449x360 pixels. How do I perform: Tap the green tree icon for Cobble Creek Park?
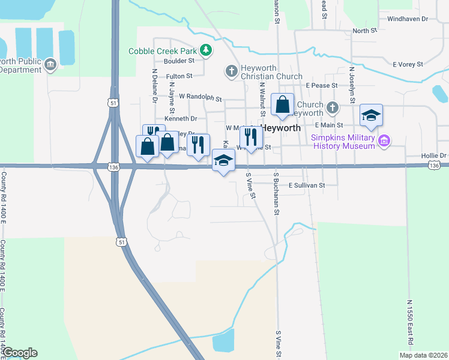pos(206,50)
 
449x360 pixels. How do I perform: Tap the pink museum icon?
pos(385,142)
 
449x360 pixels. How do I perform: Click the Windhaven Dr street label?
pos(408,19)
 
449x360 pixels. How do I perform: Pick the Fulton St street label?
pos(179,76)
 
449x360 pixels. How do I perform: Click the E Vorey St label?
pos(408,64)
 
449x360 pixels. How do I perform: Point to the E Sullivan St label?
pos(307,185)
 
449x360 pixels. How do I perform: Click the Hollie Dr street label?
pos(435,156)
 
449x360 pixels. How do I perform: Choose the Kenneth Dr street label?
pos(181,119)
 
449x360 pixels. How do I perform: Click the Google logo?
pos(20,353)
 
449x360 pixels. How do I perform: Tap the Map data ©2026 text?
pos(423,355)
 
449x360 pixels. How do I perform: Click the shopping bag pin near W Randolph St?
pos(282,106)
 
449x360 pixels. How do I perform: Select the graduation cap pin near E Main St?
pos(371,116)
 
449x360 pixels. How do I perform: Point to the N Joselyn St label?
pos(352,86)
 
